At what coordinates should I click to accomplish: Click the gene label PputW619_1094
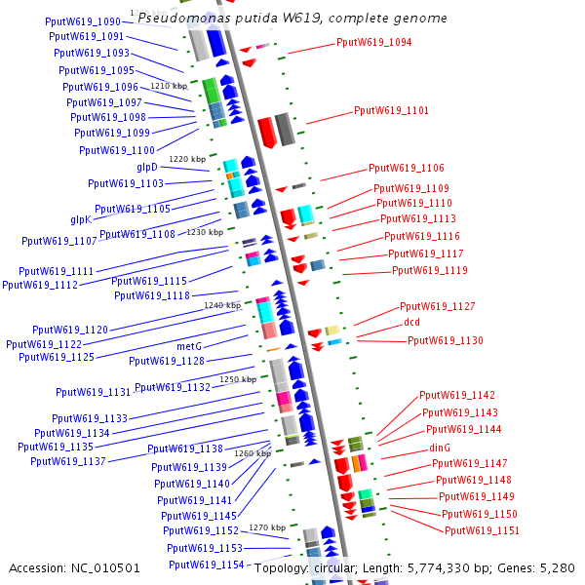373,42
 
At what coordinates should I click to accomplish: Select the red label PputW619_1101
391,110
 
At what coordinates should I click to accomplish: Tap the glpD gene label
147,167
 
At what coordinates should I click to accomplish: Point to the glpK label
81,219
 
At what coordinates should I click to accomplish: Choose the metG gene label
189,346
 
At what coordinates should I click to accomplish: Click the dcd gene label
411,322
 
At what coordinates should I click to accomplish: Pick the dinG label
440,448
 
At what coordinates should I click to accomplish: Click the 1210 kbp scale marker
169,86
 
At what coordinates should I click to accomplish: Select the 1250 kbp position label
238,379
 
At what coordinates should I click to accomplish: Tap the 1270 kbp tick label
267,527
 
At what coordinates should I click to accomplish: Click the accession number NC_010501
105,568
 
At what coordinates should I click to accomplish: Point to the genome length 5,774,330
443,568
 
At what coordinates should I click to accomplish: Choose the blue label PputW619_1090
83,21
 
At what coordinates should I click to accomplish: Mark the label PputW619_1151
482,530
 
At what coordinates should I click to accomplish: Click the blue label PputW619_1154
207,565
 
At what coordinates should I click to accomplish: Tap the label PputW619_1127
437,306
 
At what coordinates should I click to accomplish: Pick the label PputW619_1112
40,285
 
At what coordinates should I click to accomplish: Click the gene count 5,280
557,568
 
